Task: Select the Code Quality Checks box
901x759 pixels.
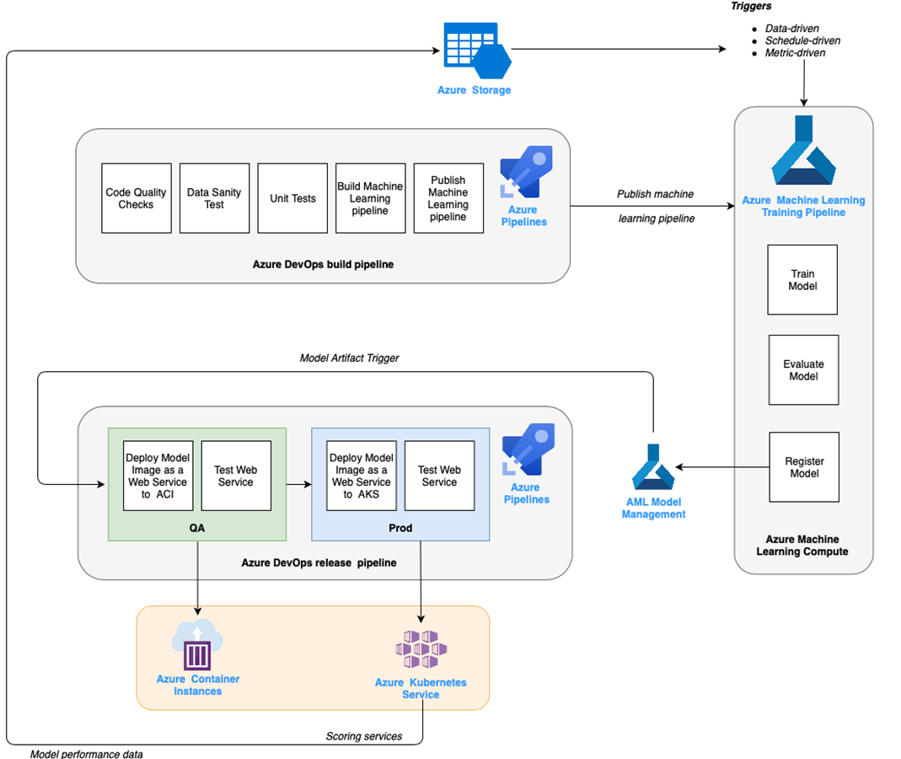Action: tap(136, 198)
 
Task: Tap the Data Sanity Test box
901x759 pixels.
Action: tap(214, 198)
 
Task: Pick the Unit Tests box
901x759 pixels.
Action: tap(292, 198)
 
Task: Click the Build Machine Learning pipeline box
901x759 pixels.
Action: tap(370, 198)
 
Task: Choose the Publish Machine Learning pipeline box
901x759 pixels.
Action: tap(448, 198)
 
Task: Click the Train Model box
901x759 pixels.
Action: tap(802, 280)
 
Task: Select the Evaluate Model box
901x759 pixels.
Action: tap(803, 370)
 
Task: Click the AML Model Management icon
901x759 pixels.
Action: tap(654, 467)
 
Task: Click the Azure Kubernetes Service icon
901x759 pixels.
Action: tap(421, 649)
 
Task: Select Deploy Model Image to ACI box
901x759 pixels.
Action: tap(158, 476)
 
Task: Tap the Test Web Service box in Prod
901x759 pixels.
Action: tap(439, 476)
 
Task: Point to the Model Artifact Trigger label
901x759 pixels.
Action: tap(349, 358)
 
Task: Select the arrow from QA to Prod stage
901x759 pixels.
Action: tap(298, 484)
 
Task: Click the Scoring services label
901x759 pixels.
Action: tap(364, 736)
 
